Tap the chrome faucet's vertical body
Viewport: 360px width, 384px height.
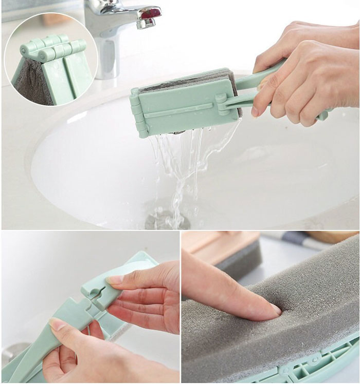[108, 51]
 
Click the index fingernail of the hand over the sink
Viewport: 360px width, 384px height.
[255, 111]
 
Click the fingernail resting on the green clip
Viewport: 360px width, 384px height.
[114, 280]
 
